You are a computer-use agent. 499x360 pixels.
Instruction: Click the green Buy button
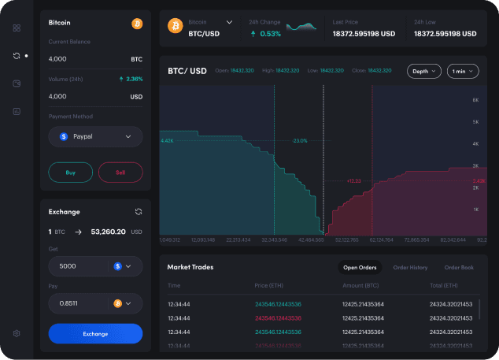pyautogui.click(x=70, y=172)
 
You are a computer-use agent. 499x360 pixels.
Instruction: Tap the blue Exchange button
pyautogui.click(x=95, y=333)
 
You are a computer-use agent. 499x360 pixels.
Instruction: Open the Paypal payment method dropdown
pyautogui.click(x=95, y=136)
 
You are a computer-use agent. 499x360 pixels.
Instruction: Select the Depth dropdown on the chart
pyautogui.click(x=424, y=71)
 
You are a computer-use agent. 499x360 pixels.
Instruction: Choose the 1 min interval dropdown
pyautogui.click(x=463, y=71)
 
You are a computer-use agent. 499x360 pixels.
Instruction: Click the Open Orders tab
pyautogui.click(x=360, y=267)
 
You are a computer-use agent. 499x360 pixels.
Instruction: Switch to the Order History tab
pyautogui.click(x=410, y=267)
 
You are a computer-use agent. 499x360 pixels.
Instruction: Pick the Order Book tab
pyautogui.click(x=459, y=267)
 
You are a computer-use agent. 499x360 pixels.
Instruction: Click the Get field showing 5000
pyautogui.click(x=95, y=266)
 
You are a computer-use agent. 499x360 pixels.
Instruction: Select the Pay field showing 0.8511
pyautogui.click(x=95, y=302)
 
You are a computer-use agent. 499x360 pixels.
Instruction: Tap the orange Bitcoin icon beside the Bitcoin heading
pyautogui.click(x=137, y=23)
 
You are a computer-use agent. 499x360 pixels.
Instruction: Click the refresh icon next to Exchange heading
pyautogui.click(x=139, y=211)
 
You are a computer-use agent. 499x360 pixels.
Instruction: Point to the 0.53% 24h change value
pyautogui.click(x=265, y=34)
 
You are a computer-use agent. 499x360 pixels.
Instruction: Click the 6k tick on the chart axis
pyautogui.click(x=476, y=100)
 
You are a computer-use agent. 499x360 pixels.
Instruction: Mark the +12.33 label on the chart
pyautogui.click(x=353, y=180)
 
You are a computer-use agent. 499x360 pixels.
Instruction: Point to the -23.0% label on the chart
pyautogui.click(x=300, y=140)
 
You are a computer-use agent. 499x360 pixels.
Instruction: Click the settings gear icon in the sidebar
pyautogui.click(x=17, y=333)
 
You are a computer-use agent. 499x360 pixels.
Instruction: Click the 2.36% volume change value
pyautogui.click(x=131, y=79)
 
